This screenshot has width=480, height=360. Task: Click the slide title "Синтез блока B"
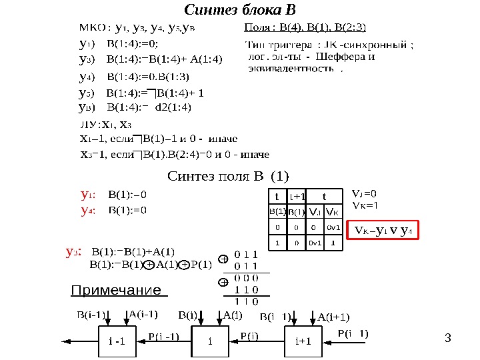(x=239, y=11)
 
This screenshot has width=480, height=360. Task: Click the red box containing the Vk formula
(x=383, y=231)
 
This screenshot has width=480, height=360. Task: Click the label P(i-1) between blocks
(x=163, y=336)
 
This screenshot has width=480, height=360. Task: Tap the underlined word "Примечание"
(x=116, y=290)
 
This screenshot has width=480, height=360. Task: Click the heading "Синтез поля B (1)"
(x=228, y=177)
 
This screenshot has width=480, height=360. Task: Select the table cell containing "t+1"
(x=297, y=196)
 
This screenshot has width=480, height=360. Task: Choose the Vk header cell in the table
(x=333, y=212)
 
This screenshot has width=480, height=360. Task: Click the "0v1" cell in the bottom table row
(x=315, y=243)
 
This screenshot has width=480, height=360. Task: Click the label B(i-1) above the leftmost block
(x=91, y=314)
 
